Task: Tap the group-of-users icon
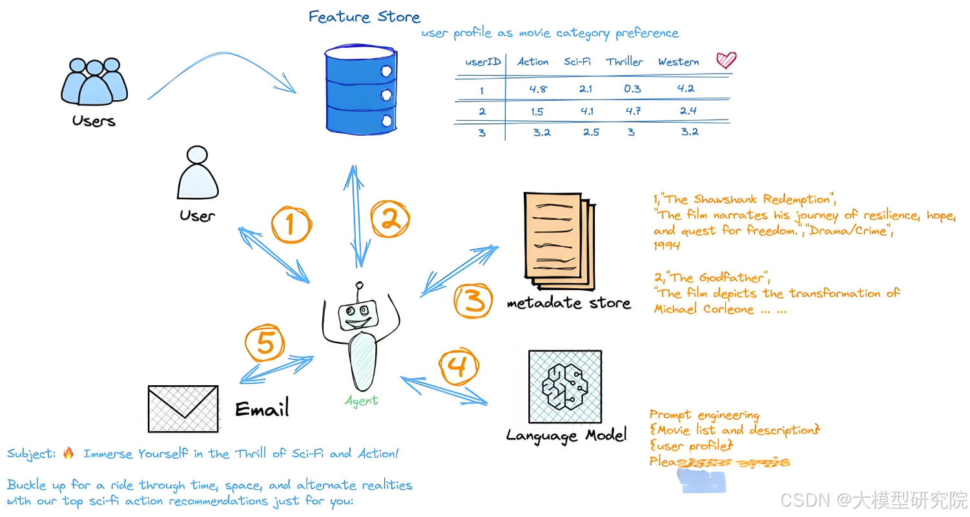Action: tap(94, 82)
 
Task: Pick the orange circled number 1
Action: tap(291, 224)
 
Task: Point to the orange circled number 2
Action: tap(389, 220)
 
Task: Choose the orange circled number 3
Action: tap(474, 302)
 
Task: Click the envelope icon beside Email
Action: tap(183, 408)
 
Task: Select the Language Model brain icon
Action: tap(564, 386)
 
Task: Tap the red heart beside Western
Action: tap(726, 61)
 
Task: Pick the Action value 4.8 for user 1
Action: tap(538, 89)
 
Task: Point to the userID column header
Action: tap(483, 62)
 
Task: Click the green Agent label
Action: tap(361, 401)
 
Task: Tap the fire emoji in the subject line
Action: tap(68, 453)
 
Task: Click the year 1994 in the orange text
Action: tap(666, 246)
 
